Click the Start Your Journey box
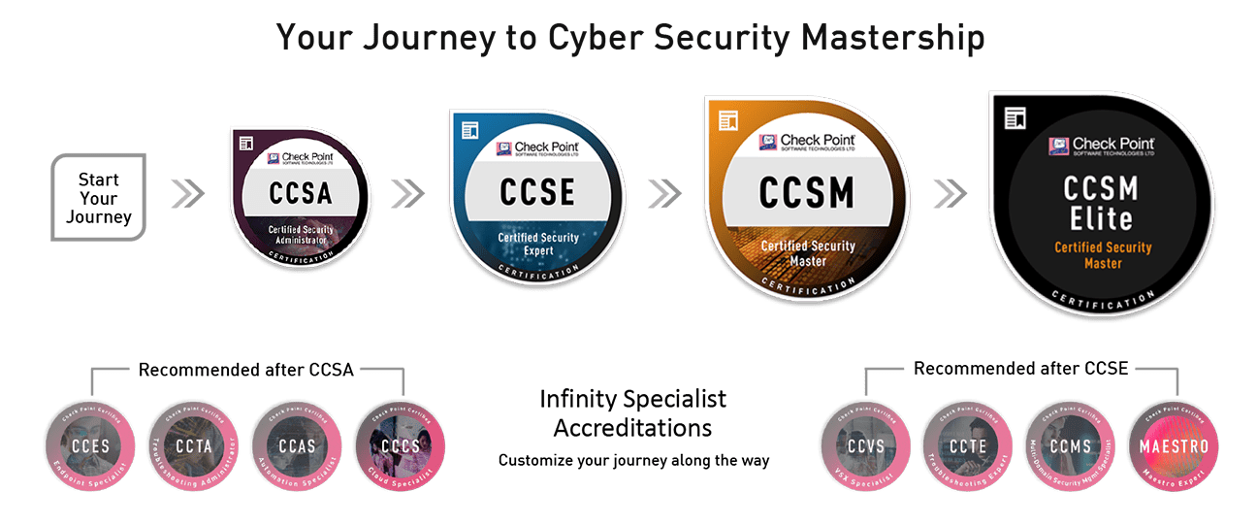pos(98,195)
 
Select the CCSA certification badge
pos(300,194)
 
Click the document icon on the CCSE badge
pos(470,129)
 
